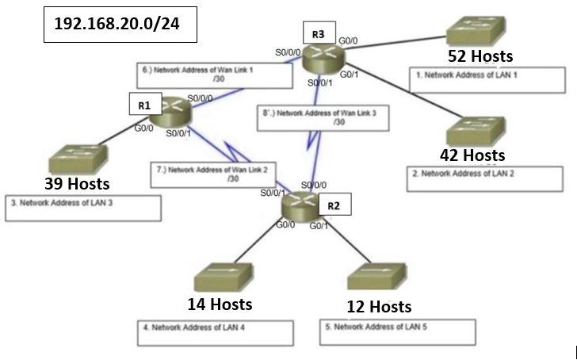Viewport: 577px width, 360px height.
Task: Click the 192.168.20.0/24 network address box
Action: point(116,25)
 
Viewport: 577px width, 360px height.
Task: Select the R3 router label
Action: point(318,34)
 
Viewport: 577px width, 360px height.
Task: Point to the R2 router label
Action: point(334,206)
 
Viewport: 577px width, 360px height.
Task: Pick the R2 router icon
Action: point(302,205)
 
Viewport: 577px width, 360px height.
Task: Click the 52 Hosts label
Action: point(481,56)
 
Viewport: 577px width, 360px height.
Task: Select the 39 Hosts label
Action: point(76,183)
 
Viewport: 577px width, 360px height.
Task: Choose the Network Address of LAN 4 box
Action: point(216,332)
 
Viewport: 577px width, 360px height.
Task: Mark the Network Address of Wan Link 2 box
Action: point(208,173)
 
